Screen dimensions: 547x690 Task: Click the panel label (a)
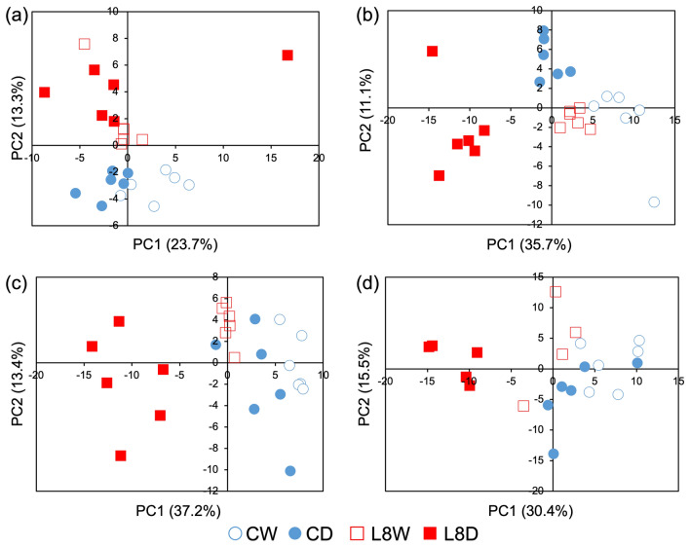(16, 18)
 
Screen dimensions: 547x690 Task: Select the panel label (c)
(16, 285)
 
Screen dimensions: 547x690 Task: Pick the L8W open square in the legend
(357, 533)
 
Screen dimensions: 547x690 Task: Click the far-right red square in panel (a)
(287, 55)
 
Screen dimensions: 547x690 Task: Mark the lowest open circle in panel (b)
(654, 202)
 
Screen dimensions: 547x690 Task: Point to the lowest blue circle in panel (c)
(289, 470)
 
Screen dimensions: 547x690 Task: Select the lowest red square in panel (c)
(121, 456)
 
